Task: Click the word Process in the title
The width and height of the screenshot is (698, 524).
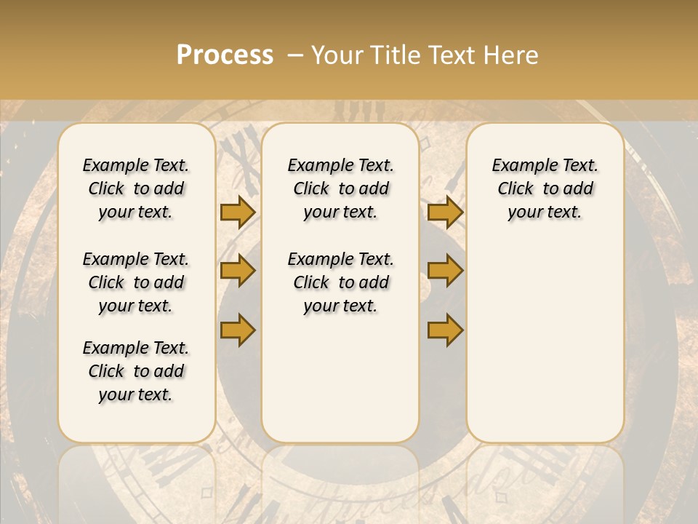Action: tap(225, 55)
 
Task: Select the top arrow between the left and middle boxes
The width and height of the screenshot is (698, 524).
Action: tap(237, 213)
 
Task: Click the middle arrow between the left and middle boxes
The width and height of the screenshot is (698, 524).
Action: tap(237, 271)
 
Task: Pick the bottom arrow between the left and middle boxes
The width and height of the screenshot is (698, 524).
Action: tap(237, 330)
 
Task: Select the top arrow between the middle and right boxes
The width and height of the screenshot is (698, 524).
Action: tap(445, 213)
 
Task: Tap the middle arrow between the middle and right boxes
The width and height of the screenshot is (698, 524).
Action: tap(445, 271)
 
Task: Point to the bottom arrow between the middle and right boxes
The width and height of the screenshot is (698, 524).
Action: tap(445, 330)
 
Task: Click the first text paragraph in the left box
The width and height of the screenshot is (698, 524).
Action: tap(136, 188)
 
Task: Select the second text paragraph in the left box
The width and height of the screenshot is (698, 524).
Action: tap(136, 282)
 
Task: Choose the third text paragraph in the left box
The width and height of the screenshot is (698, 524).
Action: tap(136, 371)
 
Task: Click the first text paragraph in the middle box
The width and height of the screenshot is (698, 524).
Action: tap(340, 188)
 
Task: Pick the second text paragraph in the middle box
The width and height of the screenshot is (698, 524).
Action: tap(340, 282)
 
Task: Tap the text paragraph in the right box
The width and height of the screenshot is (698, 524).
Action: tap(545, 188)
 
